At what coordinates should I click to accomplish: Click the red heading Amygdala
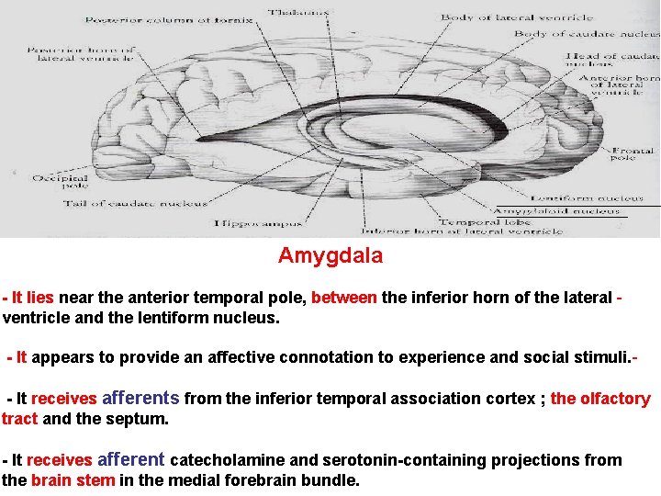point(330,256)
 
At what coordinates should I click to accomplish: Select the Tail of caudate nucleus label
point(135,204)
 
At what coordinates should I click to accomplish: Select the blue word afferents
point(140,399)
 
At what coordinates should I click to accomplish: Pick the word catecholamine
point(228,460)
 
